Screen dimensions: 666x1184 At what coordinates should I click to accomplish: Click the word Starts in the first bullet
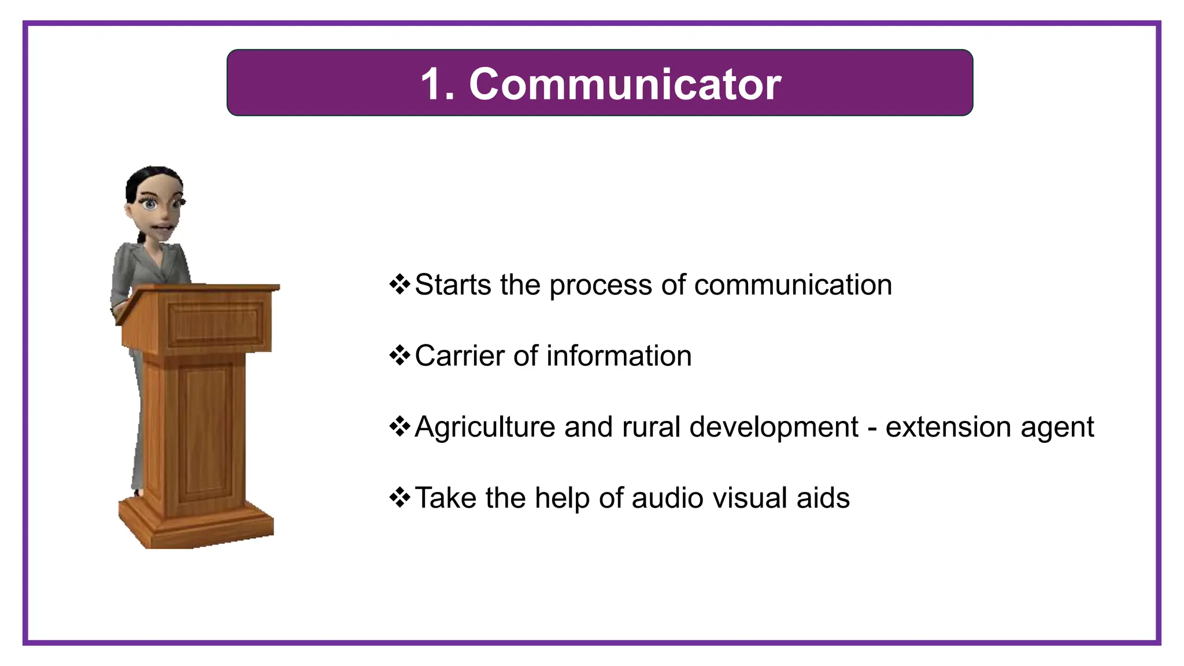[x=453, y=285]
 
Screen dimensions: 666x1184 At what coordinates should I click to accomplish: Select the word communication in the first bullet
[x=793, y=285]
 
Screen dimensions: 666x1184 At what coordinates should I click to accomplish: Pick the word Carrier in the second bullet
[x=460, y=356]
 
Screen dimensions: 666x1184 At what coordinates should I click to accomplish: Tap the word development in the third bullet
[x=774, y=428]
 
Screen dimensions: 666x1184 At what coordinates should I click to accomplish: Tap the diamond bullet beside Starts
[x=399, y=284]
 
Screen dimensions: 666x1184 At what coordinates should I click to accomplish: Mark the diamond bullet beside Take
[x=399, y=497]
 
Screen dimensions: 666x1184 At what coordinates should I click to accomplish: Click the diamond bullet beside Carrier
[x=399, y=356]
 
